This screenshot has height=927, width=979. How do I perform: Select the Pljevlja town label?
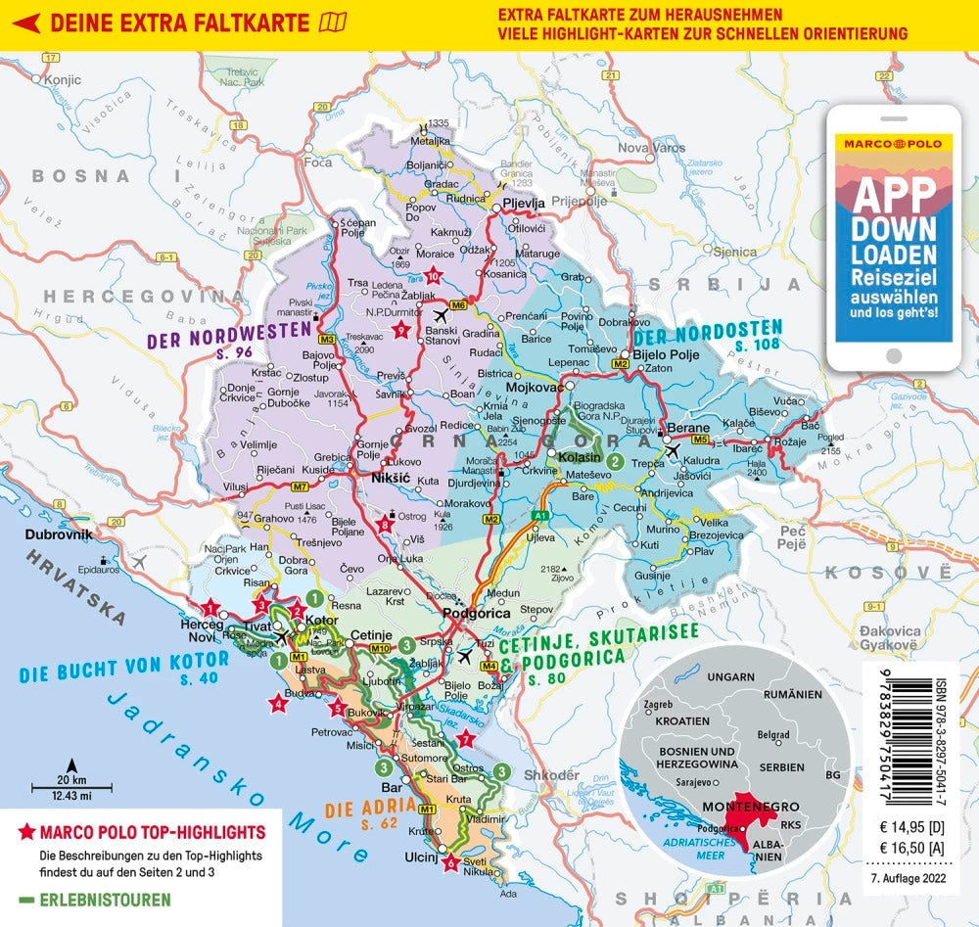523,204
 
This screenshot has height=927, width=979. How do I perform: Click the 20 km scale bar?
70,784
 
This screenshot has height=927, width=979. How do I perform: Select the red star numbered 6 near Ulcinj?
449,862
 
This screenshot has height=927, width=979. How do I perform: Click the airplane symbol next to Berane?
672,450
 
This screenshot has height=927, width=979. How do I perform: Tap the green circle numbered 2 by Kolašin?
615,460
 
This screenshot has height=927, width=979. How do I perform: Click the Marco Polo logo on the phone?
892,143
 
